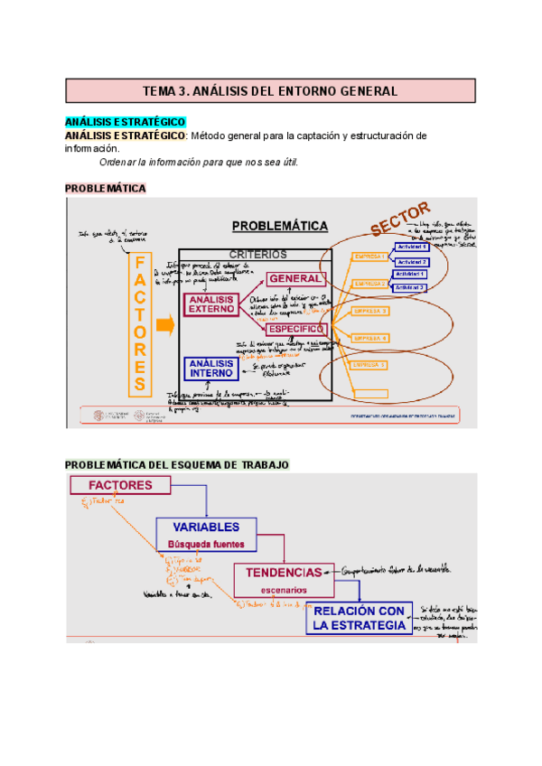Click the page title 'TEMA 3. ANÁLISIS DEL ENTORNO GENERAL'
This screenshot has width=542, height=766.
pos(271,91)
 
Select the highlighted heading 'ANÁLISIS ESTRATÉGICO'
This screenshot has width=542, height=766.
pos(125,122)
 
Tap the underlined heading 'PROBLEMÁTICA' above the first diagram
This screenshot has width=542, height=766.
pos(106,188)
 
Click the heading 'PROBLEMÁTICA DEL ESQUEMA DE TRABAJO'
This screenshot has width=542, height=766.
pos(177,464)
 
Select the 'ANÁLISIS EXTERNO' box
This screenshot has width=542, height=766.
pos(210,304)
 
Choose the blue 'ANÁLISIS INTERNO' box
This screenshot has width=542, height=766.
pos(210,368)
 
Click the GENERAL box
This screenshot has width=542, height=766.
pos(294,278)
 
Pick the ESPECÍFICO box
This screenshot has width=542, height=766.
pos(295,331)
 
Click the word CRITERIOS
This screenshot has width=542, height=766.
pos(257,255)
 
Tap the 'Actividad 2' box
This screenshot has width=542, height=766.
pos(411,262)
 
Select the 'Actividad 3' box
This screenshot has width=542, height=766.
pos(410,287)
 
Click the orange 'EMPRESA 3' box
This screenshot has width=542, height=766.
pos(369,311)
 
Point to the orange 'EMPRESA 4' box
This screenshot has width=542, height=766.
pos(369,338)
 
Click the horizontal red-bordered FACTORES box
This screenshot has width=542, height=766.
pos(120,485)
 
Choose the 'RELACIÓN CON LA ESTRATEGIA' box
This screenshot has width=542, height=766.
pos(359,618)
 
